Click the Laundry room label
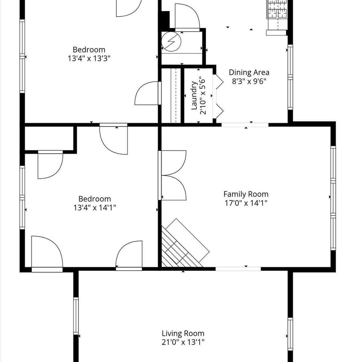coord(194,96)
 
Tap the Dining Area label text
coord(249,72)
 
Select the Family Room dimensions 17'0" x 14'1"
coord(246,203)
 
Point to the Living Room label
coord(183,333)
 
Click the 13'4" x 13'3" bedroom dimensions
coord(89,58)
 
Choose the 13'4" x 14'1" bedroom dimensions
coord(95,208)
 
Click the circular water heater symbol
coord(171,42)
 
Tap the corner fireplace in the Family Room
coord(182,243)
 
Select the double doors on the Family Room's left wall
coord(172,175)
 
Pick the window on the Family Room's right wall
coord(333,198)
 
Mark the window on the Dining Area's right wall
coord(290,77)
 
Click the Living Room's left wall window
coord(76,316)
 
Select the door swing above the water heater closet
coord(187,17)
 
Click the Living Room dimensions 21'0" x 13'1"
coord(183,342)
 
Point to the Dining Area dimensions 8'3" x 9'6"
coord(249,81)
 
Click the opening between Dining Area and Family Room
coord(245,125)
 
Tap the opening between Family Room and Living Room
coord(238,269)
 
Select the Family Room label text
coord(246,194)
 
